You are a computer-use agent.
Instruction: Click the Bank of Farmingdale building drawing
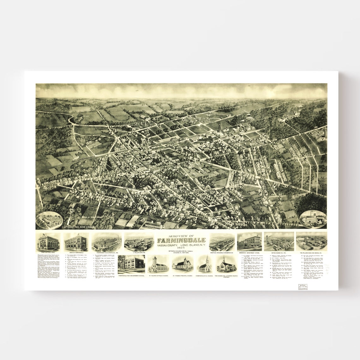click(x=75, y=242)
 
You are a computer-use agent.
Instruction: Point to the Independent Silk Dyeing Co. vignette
click(x=107, y=242)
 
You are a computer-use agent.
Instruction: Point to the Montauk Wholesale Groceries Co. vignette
click(x=222, y=242)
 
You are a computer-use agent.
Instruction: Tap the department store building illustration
click(x=249, y=242)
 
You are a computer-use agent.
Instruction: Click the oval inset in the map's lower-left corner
click(x=49, y=220)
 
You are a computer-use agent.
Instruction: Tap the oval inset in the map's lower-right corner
click(x=313, y=219)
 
